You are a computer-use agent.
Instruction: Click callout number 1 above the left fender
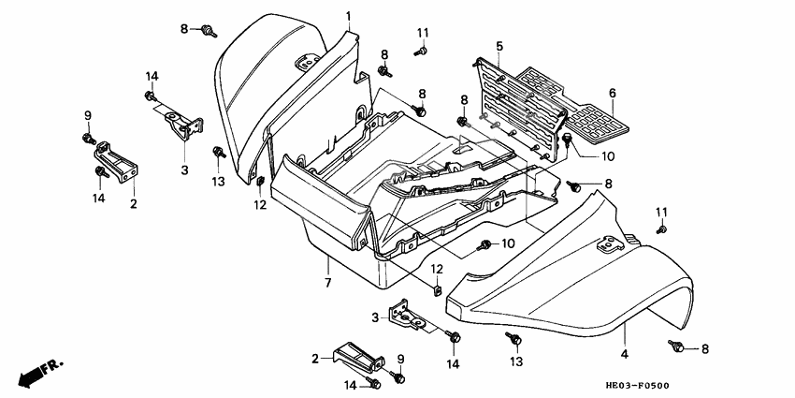(x=348, y=16)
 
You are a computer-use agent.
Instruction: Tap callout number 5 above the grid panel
(x=499, y=46)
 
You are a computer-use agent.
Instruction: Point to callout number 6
(x=613, y=93)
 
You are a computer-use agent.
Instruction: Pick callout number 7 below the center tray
(x=328, y=283)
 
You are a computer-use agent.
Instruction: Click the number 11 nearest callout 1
(x=422, y=33)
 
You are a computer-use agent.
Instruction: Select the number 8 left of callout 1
(x=185, y=29)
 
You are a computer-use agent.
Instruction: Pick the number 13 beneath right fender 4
(x=514, y=361)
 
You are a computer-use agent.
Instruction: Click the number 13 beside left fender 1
(x=218, y=181)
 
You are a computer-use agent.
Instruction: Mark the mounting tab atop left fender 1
(x=305, y=62)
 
